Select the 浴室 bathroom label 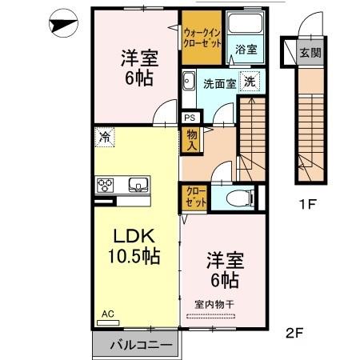245,49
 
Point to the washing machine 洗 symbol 250,82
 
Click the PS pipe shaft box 189,118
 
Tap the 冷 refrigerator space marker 104,136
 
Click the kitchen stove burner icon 106,186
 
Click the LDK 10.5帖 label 132,247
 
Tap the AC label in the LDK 107,315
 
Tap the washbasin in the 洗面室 190,81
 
